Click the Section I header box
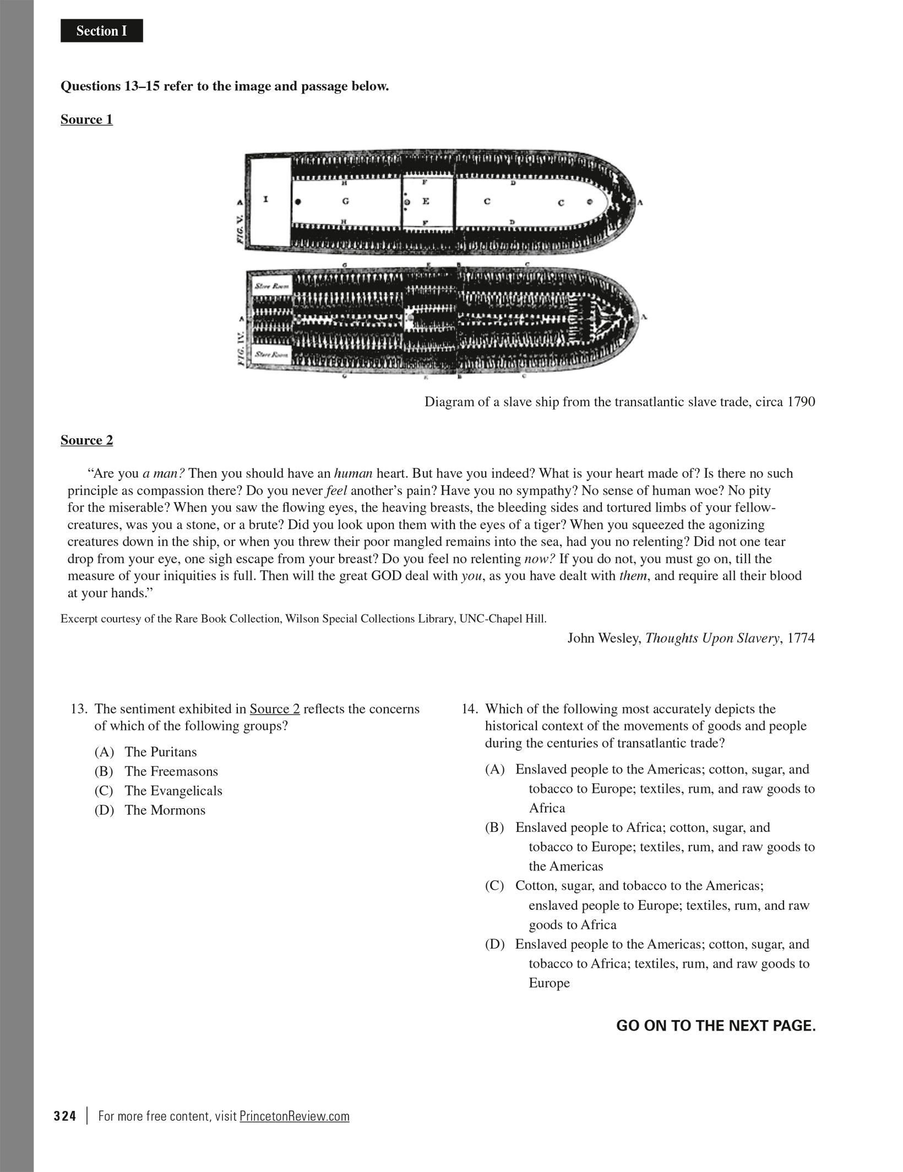click(x=101, y=31)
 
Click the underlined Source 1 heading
click(x=86, y=119)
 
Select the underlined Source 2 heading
click(x=86, y=440)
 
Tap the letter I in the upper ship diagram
click(x=265, y=199)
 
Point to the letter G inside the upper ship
click(x=345, y=201)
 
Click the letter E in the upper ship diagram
click(x=426, y=201)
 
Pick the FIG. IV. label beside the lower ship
click(x=240, y=352)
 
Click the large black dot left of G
click(x=298, y=201)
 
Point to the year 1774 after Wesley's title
click(x=801, y=638)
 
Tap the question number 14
click(x=469, y=709)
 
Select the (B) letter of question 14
click(x=494, y=828)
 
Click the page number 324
click(x=65, y=1116)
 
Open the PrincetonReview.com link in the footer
click(x=295, y=1116)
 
